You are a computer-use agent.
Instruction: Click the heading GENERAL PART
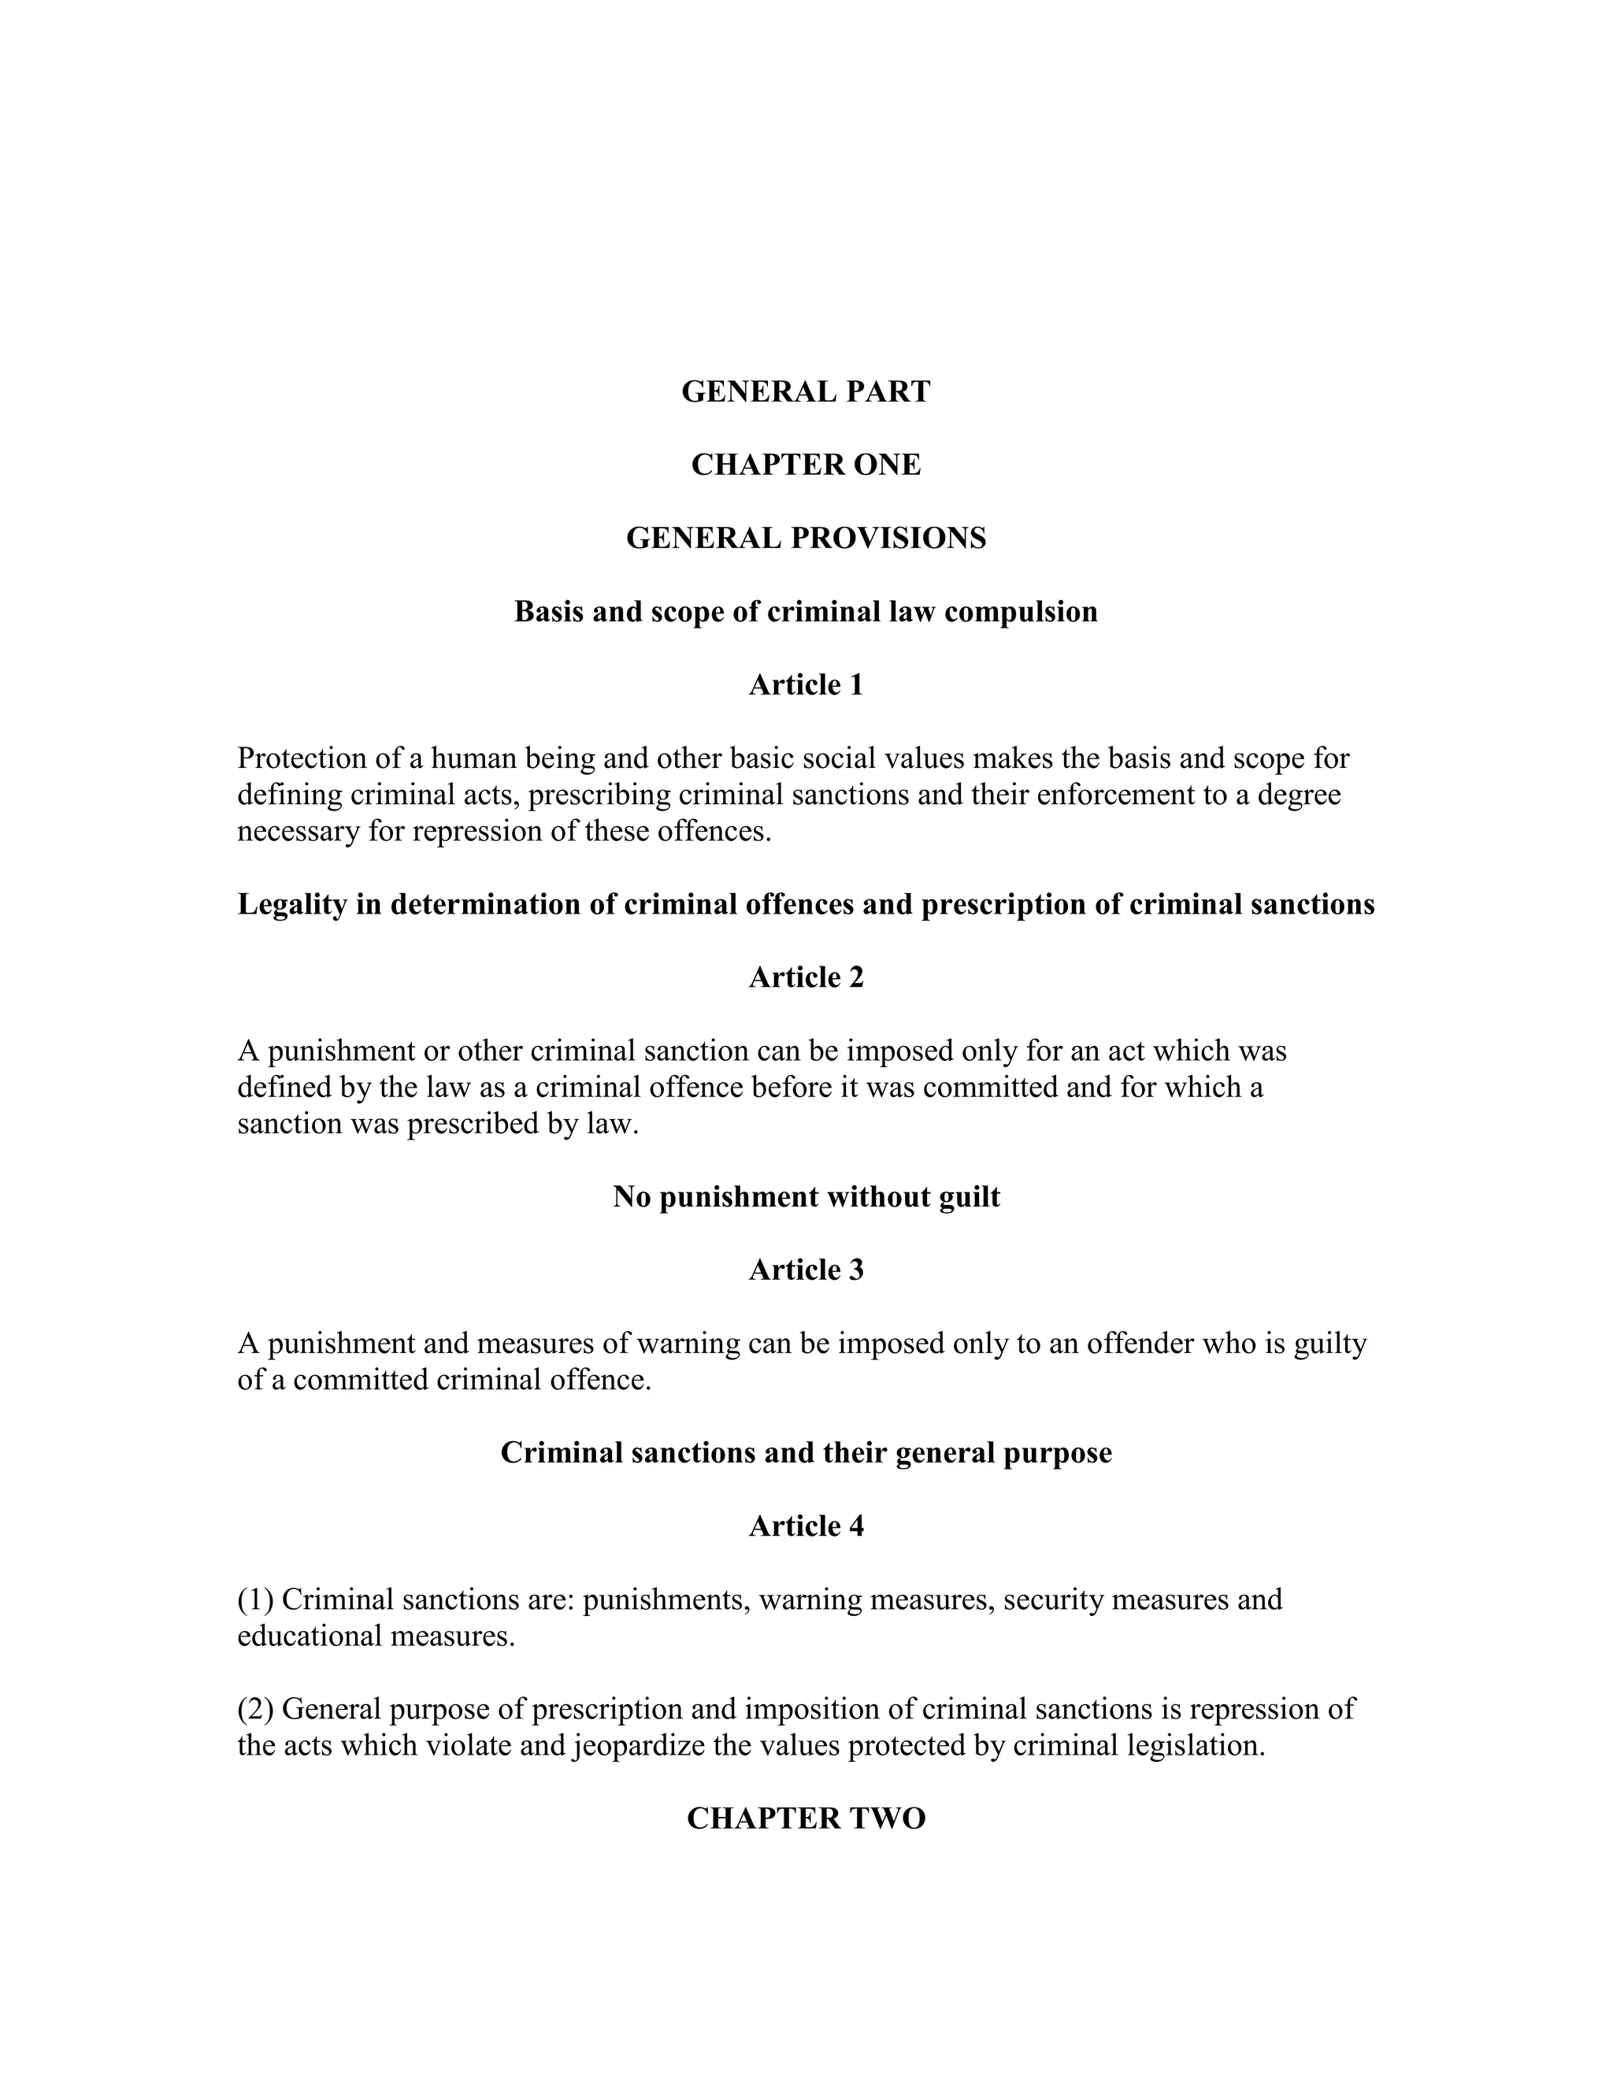click(806, 391)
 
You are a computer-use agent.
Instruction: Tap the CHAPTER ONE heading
click(806, 465)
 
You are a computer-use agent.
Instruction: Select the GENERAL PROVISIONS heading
click(806, 539)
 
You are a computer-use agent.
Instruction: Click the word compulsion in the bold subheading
click(1021, 613)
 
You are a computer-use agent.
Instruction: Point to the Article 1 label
click(806, 685)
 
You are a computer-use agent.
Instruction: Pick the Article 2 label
click(806, 977)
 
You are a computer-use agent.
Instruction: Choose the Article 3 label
click(806, 1270)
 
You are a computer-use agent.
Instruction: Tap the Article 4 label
click(806, 1526)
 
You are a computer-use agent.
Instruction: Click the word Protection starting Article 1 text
click(300, 758)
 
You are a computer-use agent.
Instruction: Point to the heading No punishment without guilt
click(806, 1197)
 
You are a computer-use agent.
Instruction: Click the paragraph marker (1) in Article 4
click(255, 1600)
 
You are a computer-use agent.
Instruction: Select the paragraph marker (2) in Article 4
click(255, 1710)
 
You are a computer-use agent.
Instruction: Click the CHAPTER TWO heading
click(806, 1818)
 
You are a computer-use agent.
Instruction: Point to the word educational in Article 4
click(310, 1636)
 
